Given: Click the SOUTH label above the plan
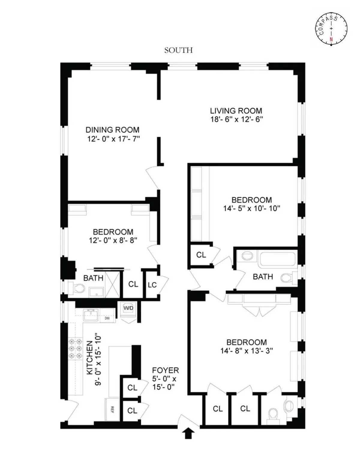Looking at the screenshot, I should click(x=178, y=50).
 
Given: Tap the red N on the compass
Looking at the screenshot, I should click(x=331, y=39).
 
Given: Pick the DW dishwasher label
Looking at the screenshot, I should click(x=107, y=318).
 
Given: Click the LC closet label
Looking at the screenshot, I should click(x=152, y=285).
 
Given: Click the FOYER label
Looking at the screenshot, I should click(x=165, y=370).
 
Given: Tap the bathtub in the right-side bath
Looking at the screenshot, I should click(x=277, y=259).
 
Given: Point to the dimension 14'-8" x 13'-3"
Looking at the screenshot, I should click(x=247, y=351).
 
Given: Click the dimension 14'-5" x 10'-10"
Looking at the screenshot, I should click(x=252, y=208).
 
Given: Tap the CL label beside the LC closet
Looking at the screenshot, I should click(x=133, y=284).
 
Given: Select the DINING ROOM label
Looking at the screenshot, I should click(x=112, y=130).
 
